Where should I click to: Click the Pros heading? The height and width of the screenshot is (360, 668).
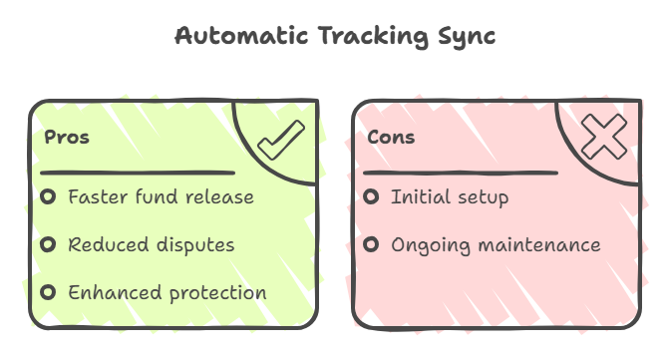[67, 138]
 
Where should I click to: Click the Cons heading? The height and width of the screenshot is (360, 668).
[391, 138]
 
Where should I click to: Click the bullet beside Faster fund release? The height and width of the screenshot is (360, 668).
[48, 196]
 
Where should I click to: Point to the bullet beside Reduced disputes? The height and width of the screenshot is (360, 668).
[48, 244]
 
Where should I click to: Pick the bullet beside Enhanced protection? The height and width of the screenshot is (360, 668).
[48, 292]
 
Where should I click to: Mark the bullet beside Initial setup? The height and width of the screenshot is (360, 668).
[371, 196]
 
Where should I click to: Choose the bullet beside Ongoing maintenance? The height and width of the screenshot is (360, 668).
[371, 244]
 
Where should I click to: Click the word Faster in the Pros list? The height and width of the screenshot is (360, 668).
[97, 196]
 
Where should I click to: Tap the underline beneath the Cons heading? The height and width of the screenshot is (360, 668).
[458, 173]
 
